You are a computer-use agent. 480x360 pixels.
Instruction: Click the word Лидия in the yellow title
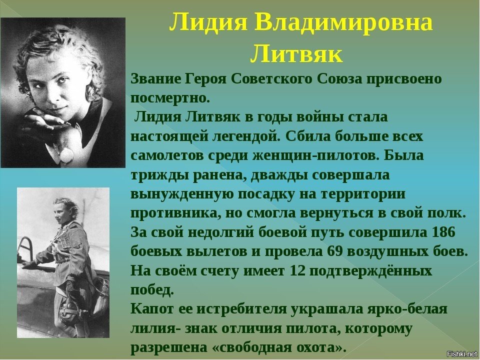[208, 23]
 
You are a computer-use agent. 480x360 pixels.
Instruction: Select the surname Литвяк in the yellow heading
[296, 54]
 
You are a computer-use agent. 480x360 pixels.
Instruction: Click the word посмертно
[170, 98]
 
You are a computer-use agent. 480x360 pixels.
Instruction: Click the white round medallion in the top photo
[66, 154]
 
